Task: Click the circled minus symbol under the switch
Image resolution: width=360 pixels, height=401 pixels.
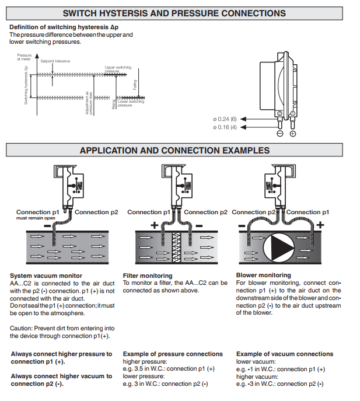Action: [x=279, y=134]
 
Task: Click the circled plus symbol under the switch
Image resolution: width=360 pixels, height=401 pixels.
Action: [x=292, y=134]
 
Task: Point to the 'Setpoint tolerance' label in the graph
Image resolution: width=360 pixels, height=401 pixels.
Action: [x=54, y=61]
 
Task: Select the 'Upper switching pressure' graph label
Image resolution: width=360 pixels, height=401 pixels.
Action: [x=118, y=69]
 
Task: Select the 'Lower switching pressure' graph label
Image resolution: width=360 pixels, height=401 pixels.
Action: [x=131, y=103]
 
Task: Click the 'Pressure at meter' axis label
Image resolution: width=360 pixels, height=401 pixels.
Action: [x=25, y=57]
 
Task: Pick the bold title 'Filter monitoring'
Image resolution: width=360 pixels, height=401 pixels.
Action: [x=148, y=276]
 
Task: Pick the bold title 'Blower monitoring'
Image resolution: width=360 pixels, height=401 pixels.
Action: [x=263, y=276]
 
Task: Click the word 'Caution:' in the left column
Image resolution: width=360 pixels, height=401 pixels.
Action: [x=21, y=328]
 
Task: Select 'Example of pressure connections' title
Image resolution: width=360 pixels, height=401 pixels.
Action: [x=173, y=354]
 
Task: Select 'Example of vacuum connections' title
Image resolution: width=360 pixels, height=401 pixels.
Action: [x=285, y=354]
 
